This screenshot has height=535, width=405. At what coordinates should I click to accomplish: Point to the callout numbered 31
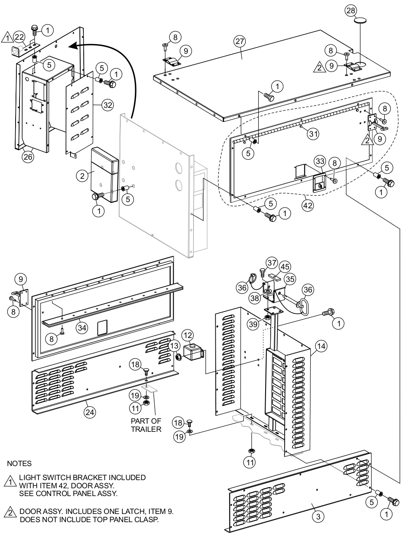coord(312,134)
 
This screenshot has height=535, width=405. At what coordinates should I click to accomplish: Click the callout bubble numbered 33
coord(319,161)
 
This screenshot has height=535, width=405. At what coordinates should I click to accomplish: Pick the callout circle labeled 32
coord(108,105)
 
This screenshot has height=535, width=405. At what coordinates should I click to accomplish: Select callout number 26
coord(28,157)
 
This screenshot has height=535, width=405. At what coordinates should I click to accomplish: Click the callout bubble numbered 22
coord(18,37)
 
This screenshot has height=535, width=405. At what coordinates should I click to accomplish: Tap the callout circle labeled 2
coord(82,176)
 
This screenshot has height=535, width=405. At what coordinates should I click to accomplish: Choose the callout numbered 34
coord(81,327)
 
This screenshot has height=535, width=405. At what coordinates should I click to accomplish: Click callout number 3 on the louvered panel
coord(318,516)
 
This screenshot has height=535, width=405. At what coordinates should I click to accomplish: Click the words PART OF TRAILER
coord(146,425)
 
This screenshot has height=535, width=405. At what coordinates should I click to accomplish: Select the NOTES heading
coord(19,464)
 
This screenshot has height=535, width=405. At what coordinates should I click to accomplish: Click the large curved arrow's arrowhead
coord(72,46)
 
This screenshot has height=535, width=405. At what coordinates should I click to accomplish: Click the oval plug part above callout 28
coord(361,21)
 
